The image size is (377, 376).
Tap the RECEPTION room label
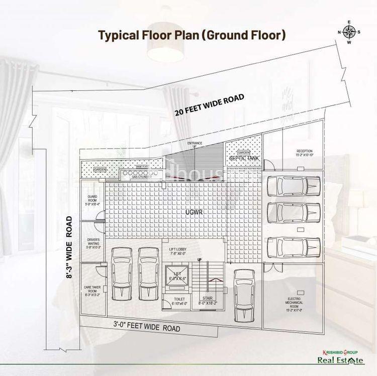tap(304, 153)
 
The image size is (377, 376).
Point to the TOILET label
tap(179, 302)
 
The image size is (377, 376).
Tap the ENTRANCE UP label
tap(195, 145)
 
